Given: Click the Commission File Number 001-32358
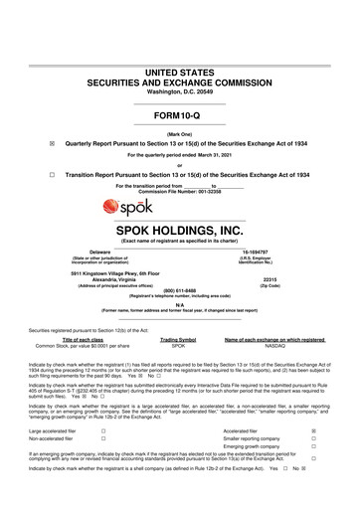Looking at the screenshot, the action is [x=179, y=191].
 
